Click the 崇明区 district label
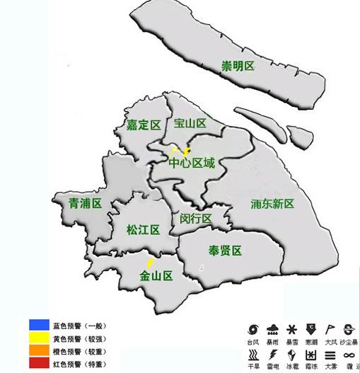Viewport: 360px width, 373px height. coord(238,66)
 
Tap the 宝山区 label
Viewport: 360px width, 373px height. coord(190,123)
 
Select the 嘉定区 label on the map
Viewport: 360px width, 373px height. coord(144,125)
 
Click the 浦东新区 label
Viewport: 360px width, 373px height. coord(272,204)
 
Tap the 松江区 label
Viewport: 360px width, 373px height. coord(143,229)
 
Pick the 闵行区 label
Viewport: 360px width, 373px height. coord(196,218)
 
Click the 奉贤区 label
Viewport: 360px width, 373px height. coord(225,251)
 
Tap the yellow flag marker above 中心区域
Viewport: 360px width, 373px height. coord(174,151)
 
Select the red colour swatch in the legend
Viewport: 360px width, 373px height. coord(34,364)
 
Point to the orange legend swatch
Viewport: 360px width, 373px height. coord(34,351)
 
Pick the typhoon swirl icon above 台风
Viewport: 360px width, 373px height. coord(252,328)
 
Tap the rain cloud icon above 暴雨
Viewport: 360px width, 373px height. coord(272,328)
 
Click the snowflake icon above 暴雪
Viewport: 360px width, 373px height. coord(291,328)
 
